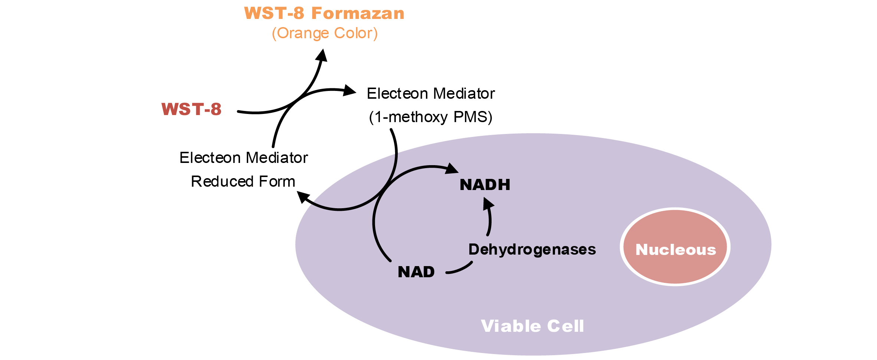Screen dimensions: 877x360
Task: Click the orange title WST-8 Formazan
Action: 324,13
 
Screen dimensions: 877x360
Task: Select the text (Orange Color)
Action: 325,33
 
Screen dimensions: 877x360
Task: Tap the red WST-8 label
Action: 191,109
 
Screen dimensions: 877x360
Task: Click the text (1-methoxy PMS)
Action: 431,117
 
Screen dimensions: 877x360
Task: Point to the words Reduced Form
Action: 243,181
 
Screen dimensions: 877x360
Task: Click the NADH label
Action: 485,185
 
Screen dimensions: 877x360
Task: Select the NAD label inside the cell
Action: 416,272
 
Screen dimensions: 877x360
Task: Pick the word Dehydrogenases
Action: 532,249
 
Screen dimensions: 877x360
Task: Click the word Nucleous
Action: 676,250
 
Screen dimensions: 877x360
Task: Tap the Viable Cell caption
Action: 532,326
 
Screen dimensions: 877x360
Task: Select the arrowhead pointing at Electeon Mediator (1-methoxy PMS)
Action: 349,90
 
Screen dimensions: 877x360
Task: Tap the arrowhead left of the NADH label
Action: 452,169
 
